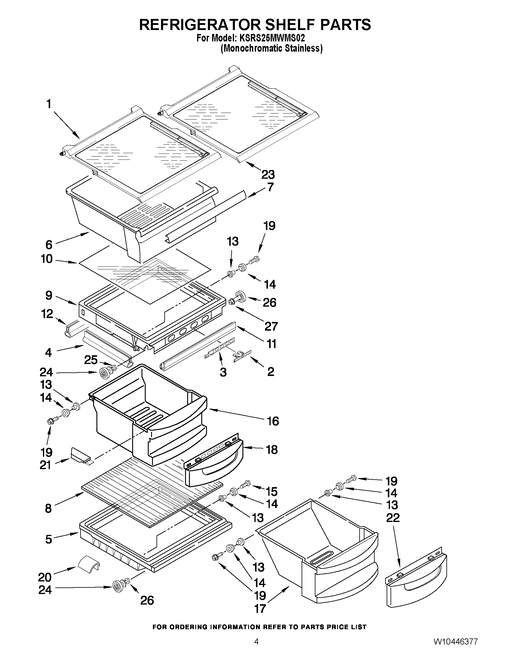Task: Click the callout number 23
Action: coord(268,174)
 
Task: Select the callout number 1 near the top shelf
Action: coord(49,104)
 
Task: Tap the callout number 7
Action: coord(270,187)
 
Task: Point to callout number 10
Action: coord(47,259)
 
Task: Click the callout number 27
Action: coord(271,326)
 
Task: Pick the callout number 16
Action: coord(273,421)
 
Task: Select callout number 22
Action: coord(393,517)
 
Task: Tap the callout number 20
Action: coord(45,577)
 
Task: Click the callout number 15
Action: coord(272,492)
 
